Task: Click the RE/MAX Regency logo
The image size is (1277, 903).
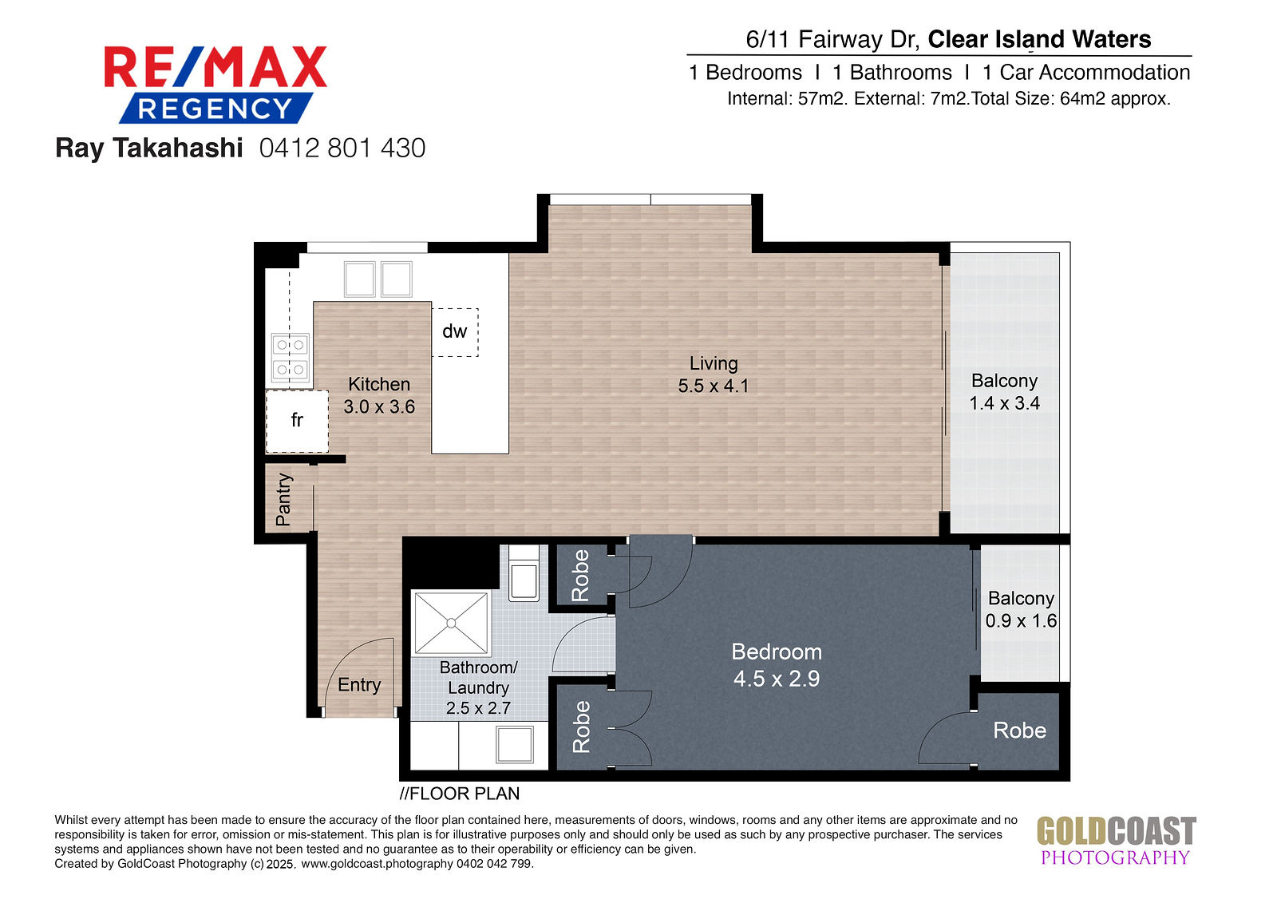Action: tap(215, 85)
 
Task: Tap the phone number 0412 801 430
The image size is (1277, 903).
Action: tap(342, 149)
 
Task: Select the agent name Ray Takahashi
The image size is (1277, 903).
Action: tap(148, 149)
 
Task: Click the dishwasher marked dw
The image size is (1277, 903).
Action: tap(455, 333)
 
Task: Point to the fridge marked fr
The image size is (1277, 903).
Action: tap(297, 421)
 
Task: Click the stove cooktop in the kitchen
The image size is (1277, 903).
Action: tap(291, 358)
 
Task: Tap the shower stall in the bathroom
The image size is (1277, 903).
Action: tap(451, 623)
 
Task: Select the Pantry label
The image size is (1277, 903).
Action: tap(283, 499)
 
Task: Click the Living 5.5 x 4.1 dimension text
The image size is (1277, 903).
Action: tap(714, 374)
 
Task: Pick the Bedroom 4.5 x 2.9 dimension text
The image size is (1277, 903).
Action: tap(777, 665)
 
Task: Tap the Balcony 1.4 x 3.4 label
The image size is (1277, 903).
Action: tap(1005, 392)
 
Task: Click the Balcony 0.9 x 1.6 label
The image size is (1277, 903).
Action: tap(1021, 609)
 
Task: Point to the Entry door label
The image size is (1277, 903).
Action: tap(359, 684)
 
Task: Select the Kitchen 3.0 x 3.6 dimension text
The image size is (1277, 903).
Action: tap(379, 395)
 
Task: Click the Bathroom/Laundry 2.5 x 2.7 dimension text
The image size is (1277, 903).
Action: tap(478, 687)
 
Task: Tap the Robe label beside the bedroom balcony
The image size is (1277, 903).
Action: tap(1020, 731)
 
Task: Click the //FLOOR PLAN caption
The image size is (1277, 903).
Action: tap(460, 794)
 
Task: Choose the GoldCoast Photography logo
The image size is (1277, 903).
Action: tap(1116, 840)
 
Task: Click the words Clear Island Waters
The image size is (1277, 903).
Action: tap(1039, 39)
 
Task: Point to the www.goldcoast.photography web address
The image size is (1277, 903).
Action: tap(377, 864)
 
